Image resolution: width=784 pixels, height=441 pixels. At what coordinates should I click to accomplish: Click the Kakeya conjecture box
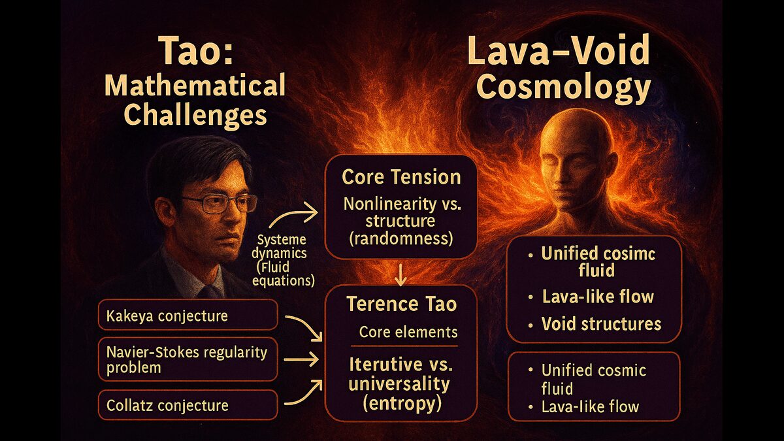click(188, 315)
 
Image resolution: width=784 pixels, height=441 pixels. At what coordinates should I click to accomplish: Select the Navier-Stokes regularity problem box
click(188, 359)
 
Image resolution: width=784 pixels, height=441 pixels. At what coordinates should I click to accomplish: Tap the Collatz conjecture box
click(188, 405)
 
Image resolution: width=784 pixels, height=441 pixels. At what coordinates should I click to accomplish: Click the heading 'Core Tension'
click(401, 177)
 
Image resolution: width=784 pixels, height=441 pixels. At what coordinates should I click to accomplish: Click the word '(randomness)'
click(401, 238)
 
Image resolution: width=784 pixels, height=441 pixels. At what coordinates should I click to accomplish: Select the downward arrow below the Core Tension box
click(400, 275)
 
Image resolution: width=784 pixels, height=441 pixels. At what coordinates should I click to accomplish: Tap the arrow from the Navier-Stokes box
click(301, 359)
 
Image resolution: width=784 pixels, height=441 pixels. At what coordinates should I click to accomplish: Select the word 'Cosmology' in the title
click(563, 88)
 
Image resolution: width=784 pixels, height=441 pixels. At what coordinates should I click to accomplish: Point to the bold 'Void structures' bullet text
click(601, 324)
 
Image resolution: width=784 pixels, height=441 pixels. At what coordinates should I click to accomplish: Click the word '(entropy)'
click(401, 404)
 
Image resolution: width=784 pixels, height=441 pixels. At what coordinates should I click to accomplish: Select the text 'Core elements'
click(408, 332)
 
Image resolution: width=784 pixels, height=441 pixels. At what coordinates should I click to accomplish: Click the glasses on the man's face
click(218, 204)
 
